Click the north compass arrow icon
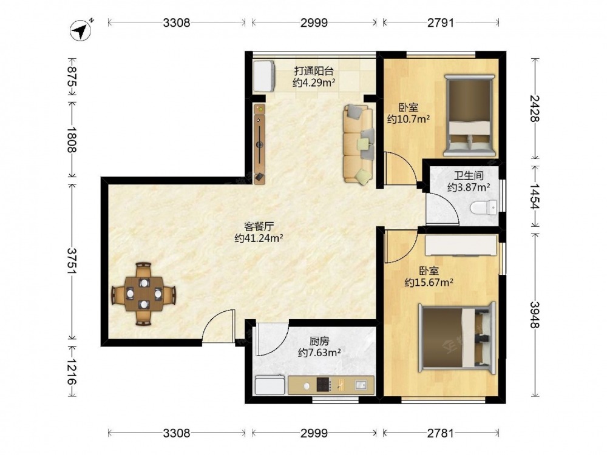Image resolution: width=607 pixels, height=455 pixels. (81, 30)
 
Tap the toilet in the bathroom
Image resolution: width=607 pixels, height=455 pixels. (484, 207)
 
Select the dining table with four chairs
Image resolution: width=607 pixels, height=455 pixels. (144, 294)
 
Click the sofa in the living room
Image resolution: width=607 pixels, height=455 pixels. (359, 144)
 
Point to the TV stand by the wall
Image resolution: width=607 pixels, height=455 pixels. (259, 143)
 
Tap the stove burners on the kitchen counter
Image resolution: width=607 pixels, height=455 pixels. (324, 385)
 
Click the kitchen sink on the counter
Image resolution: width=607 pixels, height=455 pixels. (361, 385)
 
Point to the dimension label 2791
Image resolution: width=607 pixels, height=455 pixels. (441, 23)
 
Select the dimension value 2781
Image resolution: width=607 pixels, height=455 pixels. (441, 433)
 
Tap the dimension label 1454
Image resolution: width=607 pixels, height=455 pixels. (535, 196)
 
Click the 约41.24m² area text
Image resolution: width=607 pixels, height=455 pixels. (259, 238)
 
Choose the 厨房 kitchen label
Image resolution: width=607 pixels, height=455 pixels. (319, 341)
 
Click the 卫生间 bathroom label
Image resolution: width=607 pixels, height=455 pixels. (469, 176)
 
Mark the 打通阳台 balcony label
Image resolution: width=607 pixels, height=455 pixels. (314, 71)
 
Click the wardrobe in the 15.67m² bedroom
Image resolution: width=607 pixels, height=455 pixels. (461, 245)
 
